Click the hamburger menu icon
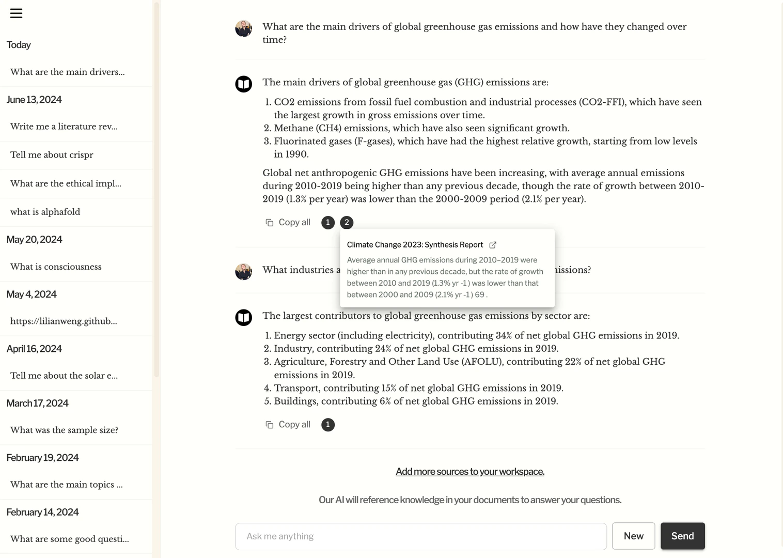point(16,13)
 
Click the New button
point(633,536)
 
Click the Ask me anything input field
point(420,536)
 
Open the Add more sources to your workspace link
point(469,471)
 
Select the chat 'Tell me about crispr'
point(52,155)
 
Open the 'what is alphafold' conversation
point(45,212)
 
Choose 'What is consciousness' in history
point(56,267)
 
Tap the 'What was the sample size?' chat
point(64,430)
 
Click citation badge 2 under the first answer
point(347,223)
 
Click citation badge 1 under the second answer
point(327,425)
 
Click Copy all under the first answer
point(288,223)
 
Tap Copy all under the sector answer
point(288,425)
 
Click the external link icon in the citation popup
point(493,245)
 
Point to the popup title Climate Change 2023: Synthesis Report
point(415,245)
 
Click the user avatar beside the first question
point(243,29)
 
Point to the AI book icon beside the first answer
point(243,84)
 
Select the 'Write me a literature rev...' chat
point(64,127)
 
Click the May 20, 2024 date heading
point(34,240)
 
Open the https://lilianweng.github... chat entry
point(64,321)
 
